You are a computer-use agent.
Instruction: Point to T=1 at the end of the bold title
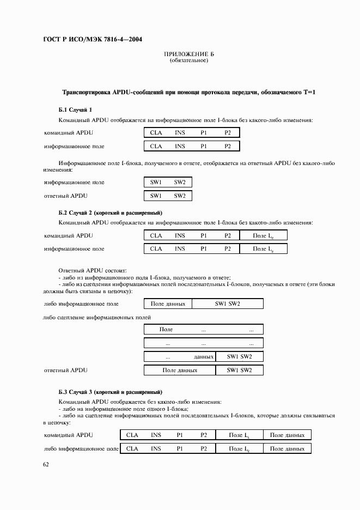pos(308,93)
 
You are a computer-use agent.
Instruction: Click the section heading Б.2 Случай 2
pos(110,212)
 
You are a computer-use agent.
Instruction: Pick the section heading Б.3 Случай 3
pos(110,392)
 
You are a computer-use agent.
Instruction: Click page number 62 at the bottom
pos(46,464)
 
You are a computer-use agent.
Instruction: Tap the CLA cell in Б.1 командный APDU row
pos(156,132)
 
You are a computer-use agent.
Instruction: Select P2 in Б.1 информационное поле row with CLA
pos(228,146)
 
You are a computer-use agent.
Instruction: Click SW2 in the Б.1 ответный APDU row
pos(180,196)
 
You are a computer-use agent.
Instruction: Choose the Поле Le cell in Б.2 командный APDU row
pos(263,235)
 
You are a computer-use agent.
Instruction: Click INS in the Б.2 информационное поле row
pos(180,248)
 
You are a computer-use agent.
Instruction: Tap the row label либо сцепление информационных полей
pos(96,317)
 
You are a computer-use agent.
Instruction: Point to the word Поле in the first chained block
pos(166,330)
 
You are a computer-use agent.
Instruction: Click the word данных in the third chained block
pos(203,357)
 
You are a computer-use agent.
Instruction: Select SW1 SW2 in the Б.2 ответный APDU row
pos(240,371)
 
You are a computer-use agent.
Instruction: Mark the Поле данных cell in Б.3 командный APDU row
pos(287,435)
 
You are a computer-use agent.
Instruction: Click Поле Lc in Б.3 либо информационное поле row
pos(239,448)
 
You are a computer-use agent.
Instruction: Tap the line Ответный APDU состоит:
pos(92,270)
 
